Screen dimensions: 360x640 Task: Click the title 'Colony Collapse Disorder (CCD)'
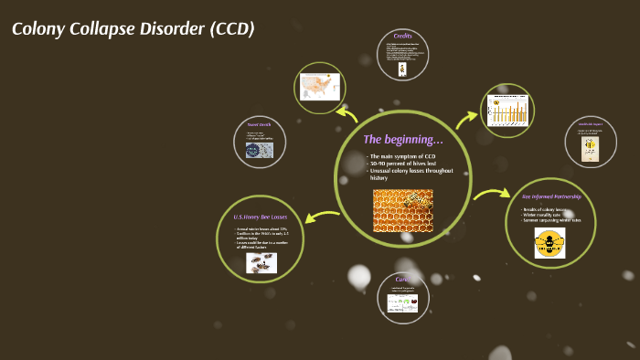133,28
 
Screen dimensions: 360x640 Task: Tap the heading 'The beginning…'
402,140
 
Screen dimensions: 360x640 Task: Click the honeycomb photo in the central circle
402,210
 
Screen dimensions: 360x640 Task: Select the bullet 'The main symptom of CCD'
402,156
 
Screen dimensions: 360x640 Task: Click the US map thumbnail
320,87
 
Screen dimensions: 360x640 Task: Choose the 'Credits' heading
403,36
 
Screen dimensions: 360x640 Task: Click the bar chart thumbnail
507,110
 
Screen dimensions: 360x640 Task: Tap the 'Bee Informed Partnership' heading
551,196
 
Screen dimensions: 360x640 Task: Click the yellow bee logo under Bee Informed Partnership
549,242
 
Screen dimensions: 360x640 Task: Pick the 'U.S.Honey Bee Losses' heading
261,217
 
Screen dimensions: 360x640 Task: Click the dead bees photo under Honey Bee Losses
261,262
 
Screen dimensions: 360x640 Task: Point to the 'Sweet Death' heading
259,123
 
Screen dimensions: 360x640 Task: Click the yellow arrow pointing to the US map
347,113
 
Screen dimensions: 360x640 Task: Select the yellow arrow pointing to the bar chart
467,117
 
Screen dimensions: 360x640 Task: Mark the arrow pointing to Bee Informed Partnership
491,194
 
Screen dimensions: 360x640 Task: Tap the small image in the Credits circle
403,68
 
